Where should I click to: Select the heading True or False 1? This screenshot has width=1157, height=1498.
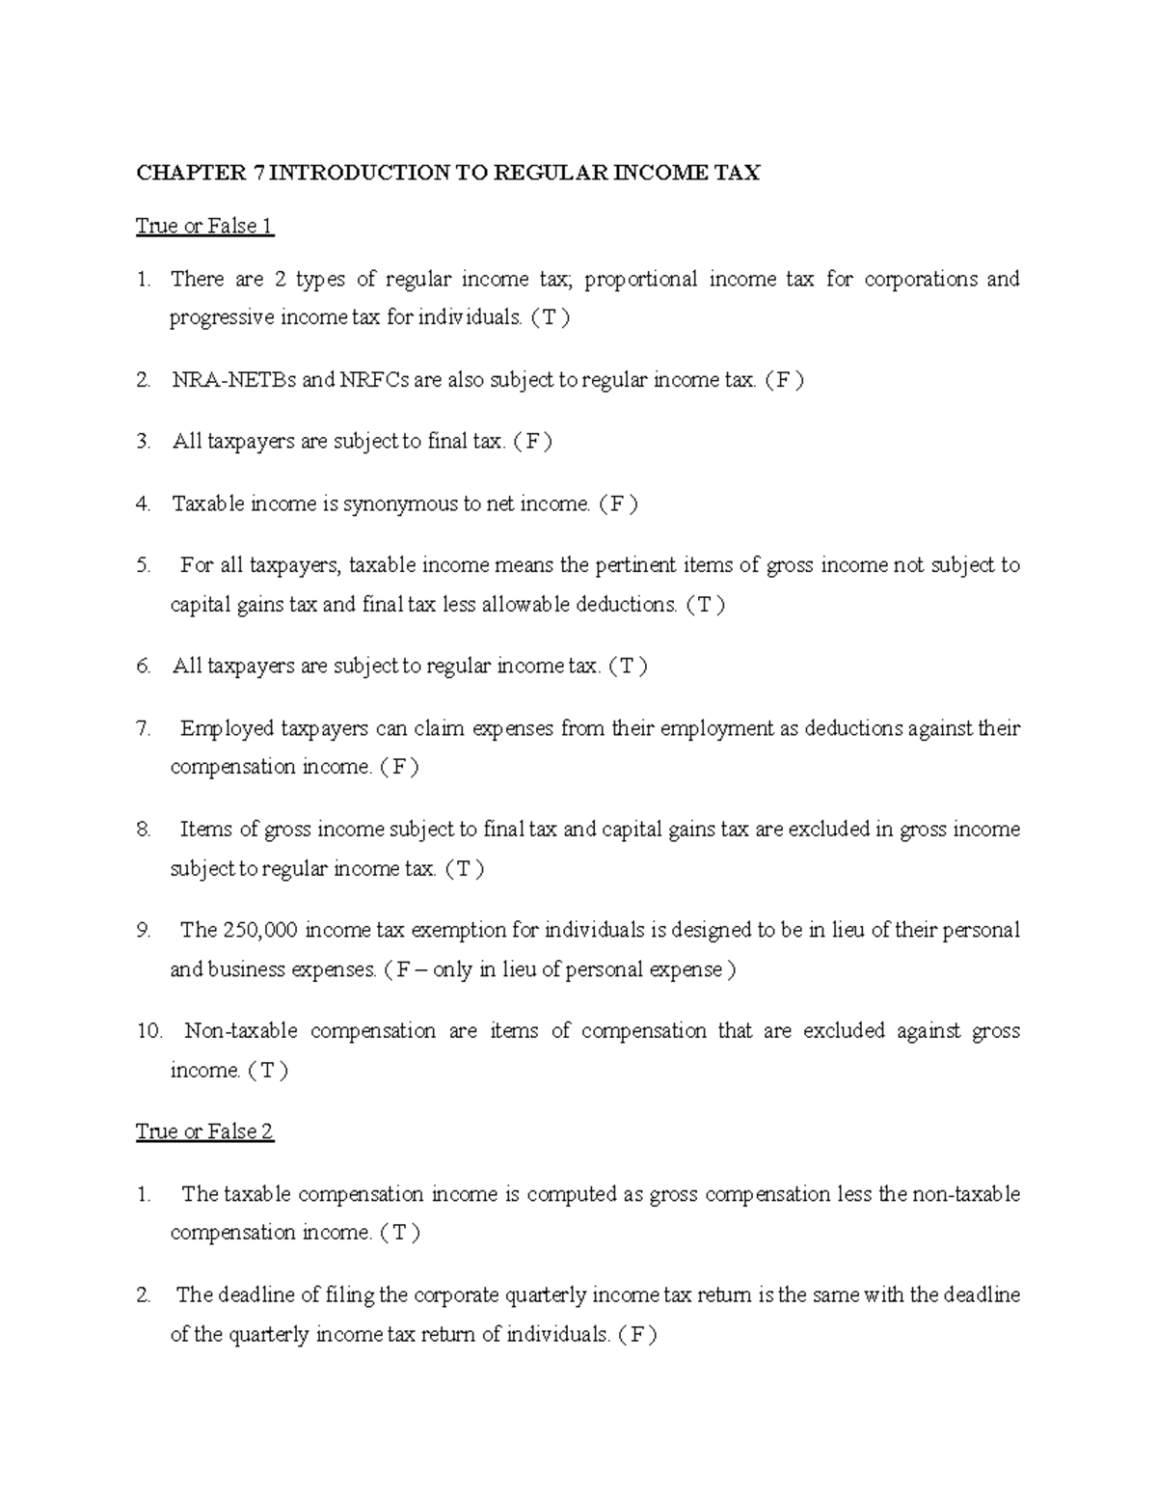pyautogui.click(x=204, y=227)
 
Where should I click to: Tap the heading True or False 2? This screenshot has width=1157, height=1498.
pyautogui.click(x=204, y=1131)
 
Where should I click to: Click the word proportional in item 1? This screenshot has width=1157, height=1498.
pyautogui.click(x=640, y=280)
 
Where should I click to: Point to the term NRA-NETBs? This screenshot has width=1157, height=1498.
pyautogui.click(x=234, y=380)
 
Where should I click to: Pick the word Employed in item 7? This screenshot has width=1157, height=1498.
pyautogui.click(x=227, y=728)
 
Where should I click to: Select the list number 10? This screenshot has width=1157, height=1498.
pyautogui.click(x=149, y=1031)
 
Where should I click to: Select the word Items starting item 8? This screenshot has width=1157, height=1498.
pyautogui.click(x=205, y=830)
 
